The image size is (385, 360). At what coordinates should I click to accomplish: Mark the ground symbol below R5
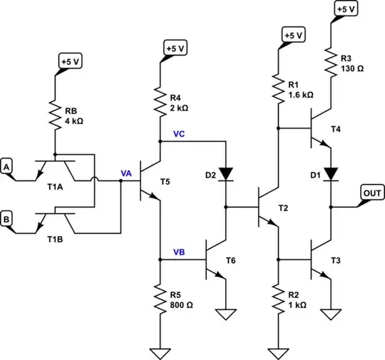(x=159, y=351)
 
